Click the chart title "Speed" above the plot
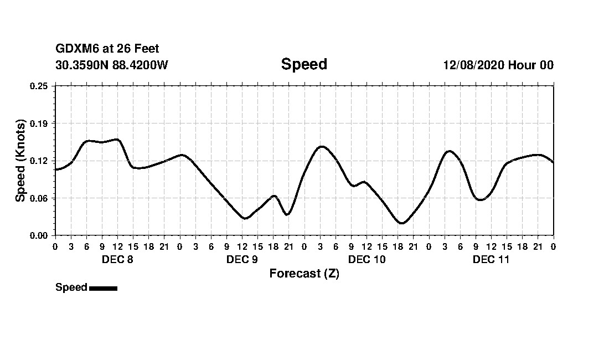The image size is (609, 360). tap(304, 64)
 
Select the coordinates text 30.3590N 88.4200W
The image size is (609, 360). tap(112, 65)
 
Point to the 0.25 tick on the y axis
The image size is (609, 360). tap(39, 86)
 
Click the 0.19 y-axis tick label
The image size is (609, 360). tap(39, 123)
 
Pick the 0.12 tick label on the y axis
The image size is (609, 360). tap(39, 161)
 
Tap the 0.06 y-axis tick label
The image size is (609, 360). tap(39, 198)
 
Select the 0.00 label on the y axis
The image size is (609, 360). tap(39, 235)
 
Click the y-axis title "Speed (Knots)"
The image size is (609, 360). tap(20, 161)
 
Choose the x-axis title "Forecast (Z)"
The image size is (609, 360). tap(304, 274)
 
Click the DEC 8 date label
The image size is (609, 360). tap(117, 260)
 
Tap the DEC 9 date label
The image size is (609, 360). tap(242, 260)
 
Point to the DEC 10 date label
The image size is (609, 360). tap(367, 260)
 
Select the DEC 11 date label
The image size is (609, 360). tap(491, 260)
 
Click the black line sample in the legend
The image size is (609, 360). tap(103, 288)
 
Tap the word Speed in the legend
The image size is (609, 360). tap(71, 287)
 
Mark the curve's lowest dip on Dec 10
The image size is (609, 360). tap(402, 223)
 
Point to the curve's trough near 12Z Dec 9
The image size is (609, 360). tap(245, 218)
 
